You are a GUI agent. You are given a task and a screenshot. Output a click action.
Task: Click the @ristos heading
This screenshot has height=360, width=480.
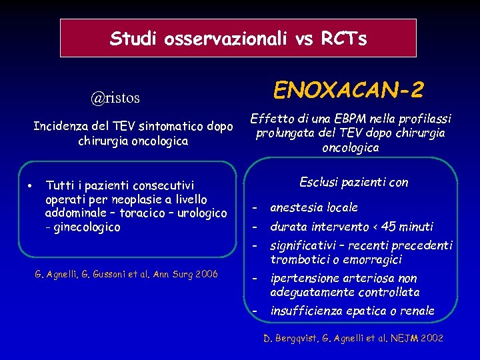pyautogui.click(x=115, y=98)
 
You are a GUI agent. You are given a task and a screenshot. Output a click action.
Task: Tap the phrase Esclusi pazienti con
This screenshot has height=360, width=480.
pyautogui.click(x=353, y=183)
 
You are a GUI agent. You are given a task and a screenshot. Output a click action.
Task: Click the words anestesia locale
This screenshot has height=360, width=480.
pyautogui.click(x=314, y=207)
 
